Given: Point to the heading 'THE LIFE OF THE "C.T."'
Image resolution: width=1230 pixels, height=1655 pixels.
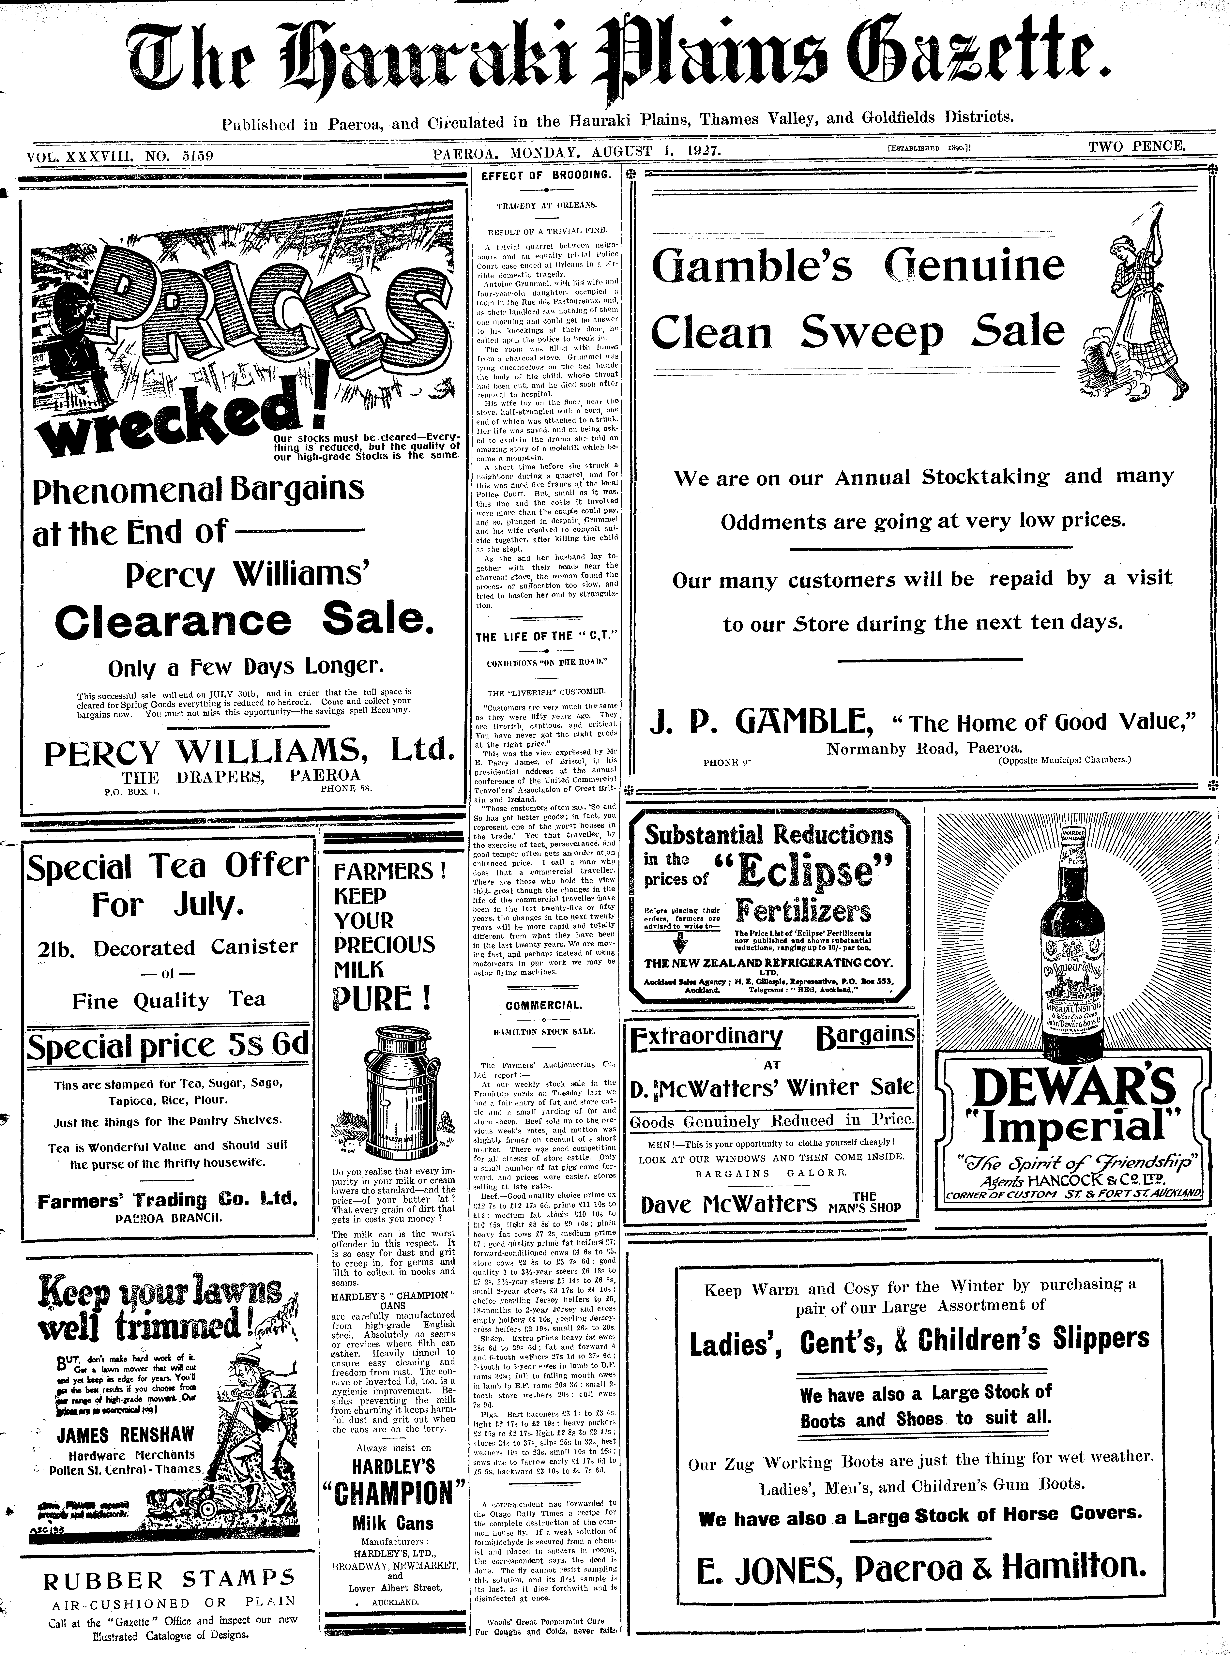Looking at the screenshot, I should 547,637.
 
